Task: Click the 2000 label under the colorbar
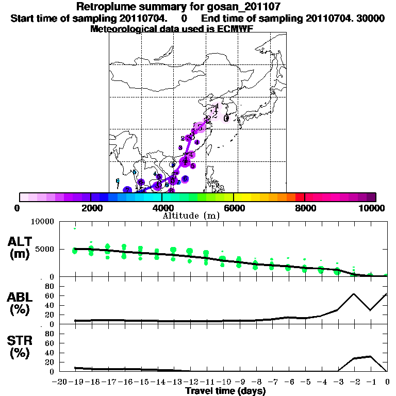coord(91,208)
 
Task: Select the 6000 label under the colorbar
coord(234,208)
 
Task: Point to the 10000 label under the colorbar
coord(372,208)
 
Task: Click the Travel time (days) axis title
coord(225,391)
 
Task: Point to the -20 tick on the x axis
coord(60,382)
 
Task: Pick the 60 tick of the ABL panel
coord(49,295)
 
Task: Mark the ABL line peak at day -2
coord(354,294)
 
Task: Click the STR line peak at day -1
coord(370,356)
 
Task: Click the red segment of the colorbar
coord(300,197)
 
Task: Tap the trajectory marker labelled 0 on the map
coord(226,118)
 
